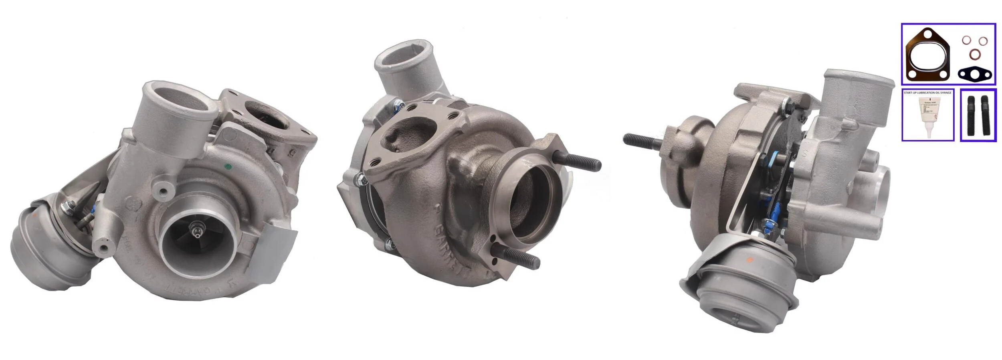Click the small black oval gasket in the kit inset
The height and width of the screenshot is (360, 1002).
[x=975, y=73]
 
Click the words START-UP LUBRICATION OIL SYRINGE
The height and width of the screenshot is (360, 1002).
[x=927, y=93]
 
